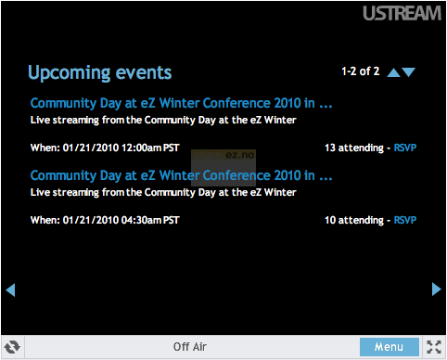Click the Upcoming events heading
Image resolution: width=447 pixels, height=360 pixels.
click(x=99, y=72)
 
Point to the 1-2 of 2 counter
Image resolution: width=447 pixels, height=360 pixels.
click(x=360, y=71)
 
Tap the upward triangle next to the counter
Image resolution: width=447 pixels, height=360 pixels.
click(x=393, y=72)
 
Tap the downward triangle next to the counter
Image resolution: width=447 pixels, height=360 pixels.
click(x=409, y=72)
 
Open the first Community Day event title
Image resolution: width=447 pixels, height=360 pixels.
click(x=181, y=103)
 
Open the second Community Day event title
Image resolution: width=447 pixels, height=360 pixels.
click(x=181, y=175)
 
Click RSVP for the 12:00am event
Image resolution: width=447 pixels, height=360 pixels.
click(x=405, y=148)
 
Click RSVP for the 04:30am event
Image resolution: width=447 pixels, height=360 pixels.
click(x=405, y=220)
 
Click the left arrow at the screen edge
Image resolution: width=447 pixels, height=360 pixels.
click(x=10, y=289)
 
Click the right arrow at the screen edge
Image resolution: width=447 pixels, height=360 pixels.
click(x=437, y=289)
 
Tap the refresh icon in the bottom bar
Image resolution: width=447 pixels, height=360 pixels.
click(x=13, y=347)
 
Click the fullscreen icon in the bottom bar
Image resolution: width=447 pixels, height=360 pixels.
click(x=434, y=347)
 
